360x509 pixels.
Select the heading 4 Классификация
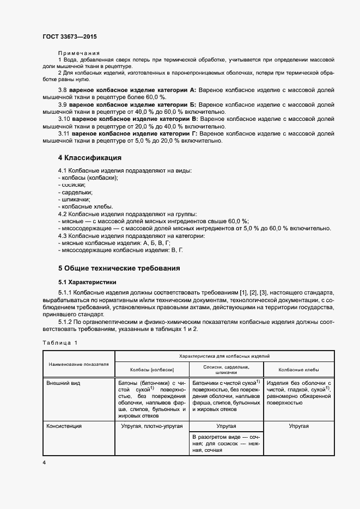pyautogui.click(x=90, y=157)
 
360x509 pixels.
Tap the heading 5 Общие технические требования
pyautogui.click(x=119, y=268)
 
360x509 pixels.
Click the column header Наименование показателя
pyautogui.click(x=79, y=364)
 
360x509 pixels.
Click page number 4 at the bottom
pyautogui.click(x=44, y=462)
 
